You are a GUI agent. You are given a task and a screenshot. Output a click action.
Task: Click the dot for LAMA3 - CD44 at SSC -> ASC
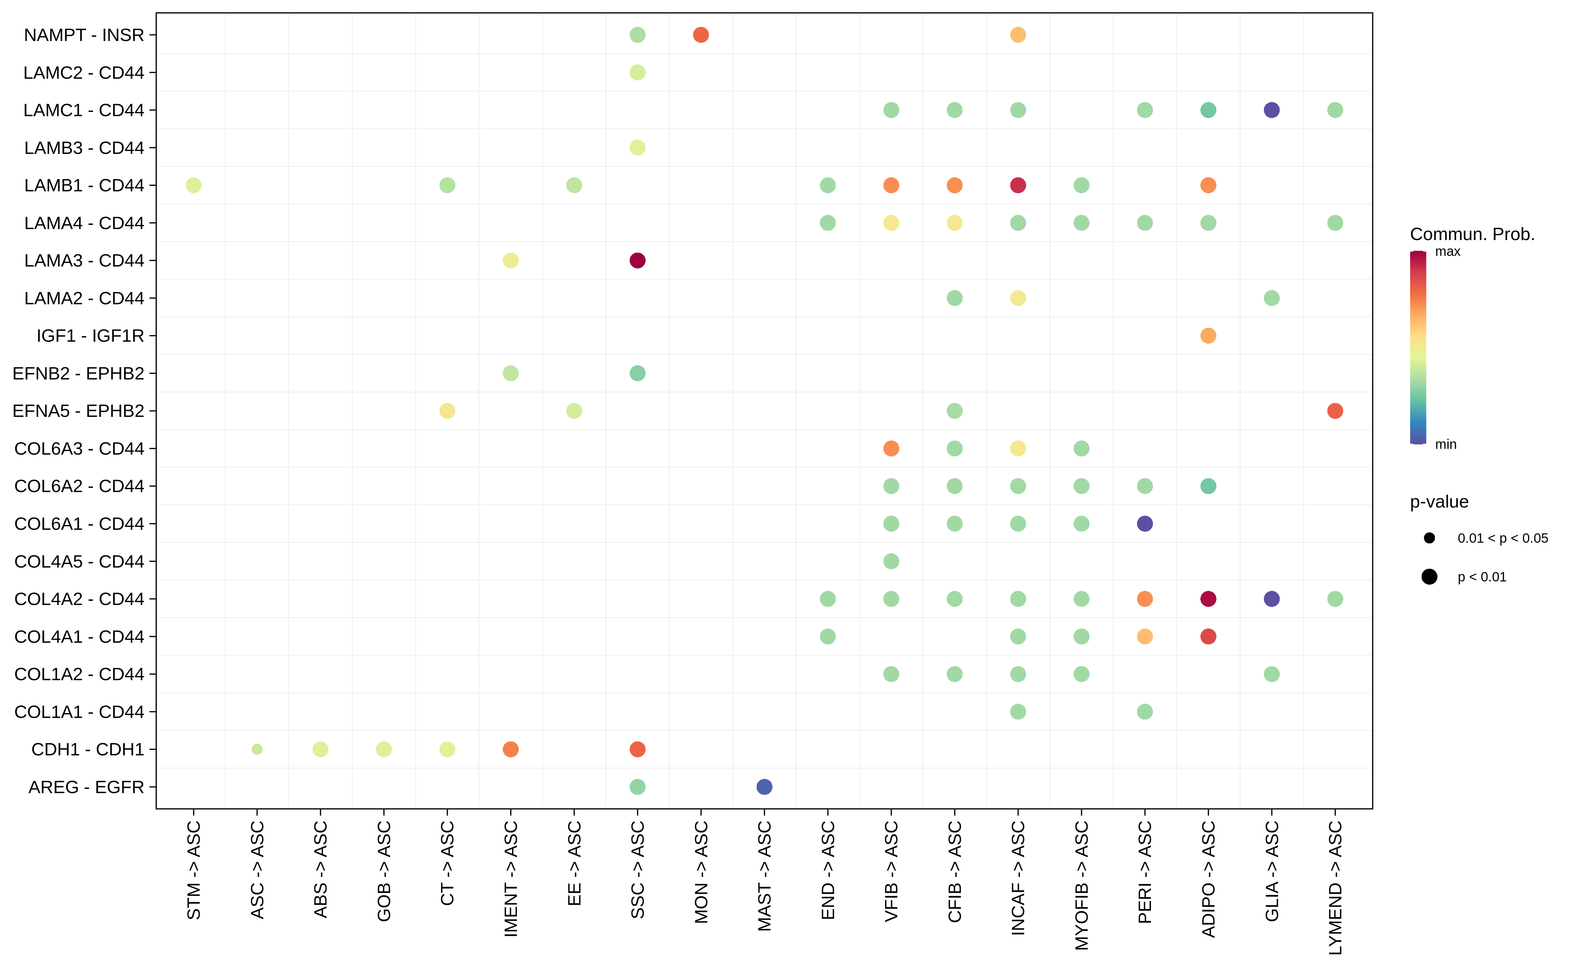(637, 261)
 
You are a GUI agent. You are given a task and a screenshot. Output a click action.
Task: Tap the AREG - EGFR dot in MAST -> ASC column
(764, 787)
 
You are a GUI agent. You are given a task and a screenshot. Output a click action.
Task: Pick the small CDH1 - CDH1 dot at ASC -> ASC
(257, 749)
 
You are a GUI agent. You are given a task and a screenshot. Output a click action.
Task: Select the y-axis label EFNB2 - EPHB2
(78, 373)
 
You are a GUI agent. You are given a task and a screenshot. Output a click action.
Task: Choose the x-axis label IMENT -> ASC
(510, 878)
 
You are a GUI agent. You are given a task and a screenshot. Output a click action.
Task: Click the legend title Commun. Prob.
(1472, 234)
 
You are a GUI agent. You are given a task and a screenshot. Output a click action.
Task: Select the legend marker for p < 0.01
(1429, 577)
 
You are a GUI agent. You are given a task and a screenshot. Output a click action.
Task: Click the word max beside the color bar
(1447, 252)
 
